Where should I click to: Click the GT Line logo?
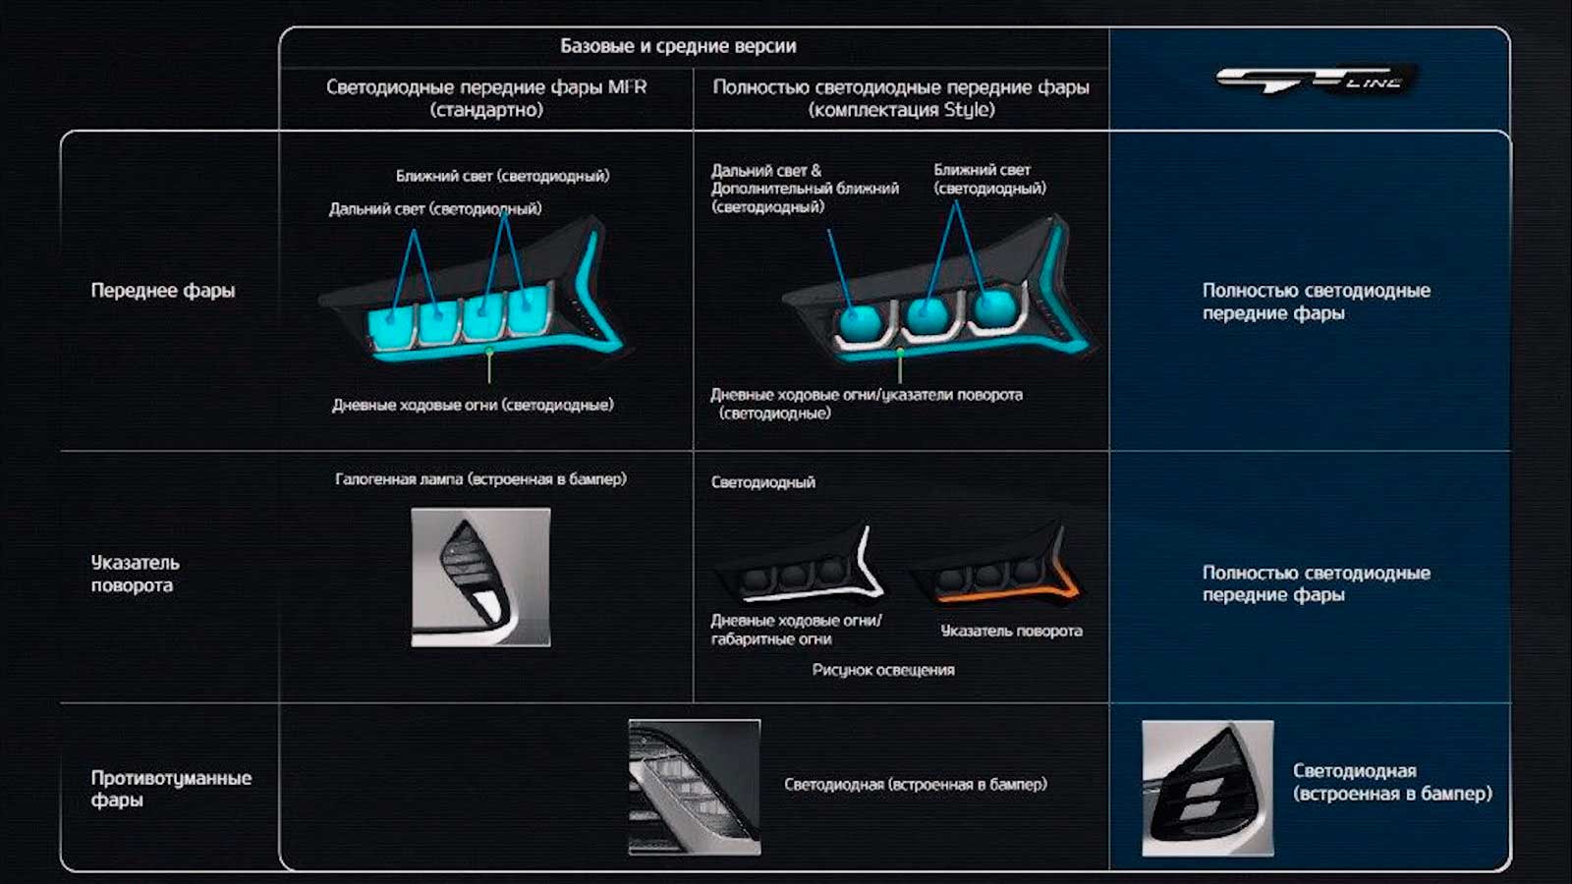click(x=1316, y=80)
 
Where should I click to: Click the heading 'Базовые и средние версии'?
click(x=678, y=46)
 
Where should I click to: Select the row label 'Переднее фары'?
click(x=163, y=291)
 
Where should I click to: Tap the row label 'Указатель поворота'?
click(x=136, y=574)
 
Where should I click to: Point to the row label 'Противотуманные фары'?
click(x=171, y=789)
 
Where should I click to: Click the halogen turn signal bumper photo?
click(x=480, y=578)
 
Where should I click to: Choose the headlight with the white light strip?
click(x=800, y=564)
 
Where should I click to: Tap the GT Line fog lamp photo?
click(x=1207, y=789)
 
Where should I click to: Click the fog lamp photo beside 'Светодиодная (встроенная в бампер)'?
click(x=695, y=787)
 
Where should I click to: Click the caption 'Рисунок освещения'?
click(x=883, y=670)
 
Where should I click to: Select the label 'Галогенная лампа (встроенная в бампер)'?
click(x=480, y=479)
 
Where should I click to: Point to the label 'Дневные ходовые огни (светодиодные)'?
click(x=473, y=405)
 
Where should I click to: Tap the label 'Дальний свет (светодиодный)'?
click(x=435, y=209)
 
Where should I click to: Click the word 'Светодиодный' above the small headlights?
click(x=762, y=482)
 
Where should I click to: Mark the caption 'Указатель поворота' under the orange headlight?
click(x=1011, y=631)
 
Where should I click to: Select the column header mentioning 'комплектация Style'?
click(x=901, y=98)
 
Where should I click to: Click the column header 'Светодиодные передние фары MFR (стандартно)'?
click(x=486, y=98)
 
